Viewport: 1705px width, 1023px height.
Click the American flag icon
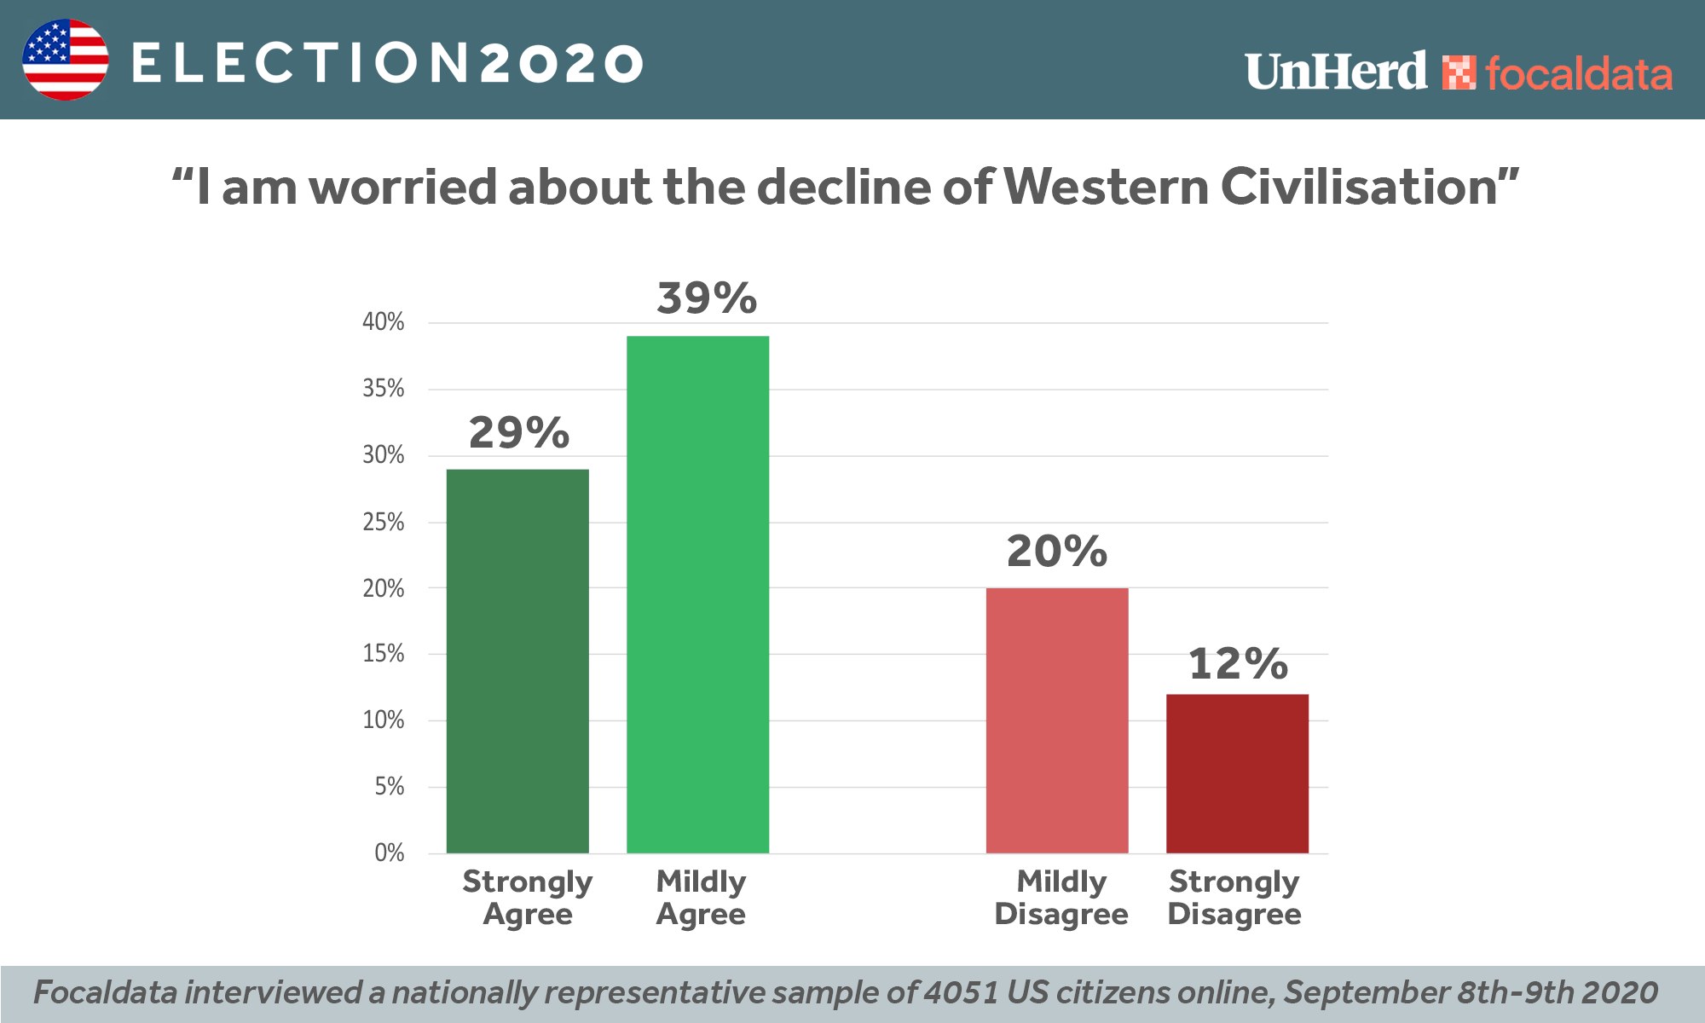click(66, 60)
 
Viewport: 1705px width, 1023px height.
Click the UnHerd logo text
click(1335, 72)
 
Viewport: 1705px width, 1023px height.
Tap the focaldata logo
click(1557, 73)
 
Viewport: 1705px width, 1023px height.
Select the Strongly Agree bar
click(517, 661)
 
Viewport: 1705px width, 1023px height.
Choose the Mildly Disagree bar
click(1057, 720)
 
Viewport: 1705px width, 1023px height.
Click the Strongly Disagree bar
click(1237, 773)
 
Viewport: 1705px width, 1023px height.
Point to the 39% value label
click(707, 298)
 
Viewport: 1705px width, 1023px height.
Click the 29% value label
click(518, 433)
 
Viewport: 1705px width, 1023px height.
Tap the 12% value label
click(1238, 664)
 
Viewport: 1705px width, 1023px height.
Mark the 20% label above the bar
click(1057, 552)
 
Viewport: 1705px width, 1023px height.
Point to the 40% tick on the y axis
click(383, 322)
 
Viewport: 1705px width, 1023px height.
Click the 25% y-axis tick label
click(383, 523)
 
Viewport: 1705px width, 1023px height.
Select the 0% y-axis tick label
click(389, 853)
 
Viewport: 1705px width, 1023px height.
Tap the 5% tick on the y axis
click(389, 787)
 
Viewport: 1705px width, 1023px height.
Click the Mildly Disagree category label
click(1061, 898)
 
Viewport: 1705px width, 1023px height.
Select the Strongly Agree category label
click(527, 898)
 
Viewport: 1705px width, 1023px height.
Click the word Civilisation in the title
click(1359, 187)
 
